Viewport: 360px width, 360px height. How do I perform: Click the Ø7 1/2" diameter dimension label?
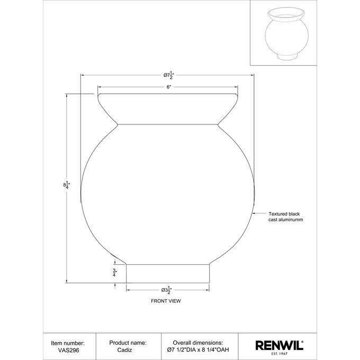pos(169,76)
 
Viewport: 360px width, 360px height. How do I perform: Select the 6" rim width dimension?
pos(169,87)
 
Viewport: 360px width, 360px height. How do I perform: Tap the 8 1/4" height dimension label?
pos(67,185)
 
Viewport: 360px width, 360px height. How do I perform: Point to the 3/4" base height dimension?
pos(115,273)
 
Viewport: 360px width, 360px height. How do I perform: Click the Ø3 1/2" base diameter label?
pos(166,290)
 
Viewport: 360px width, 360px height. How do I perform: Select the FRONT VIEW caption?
pos(166,301)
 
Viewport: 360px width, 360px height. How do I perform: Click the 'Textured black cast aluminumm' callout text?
pos(285,217)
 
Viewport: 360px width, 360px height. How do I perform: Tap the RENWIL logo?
pos(280,345)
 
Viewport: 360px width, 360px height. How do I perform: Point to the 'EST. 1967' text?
pos(280,354)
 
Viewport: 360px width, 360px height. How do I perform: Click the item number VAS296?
pos(68,350)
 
